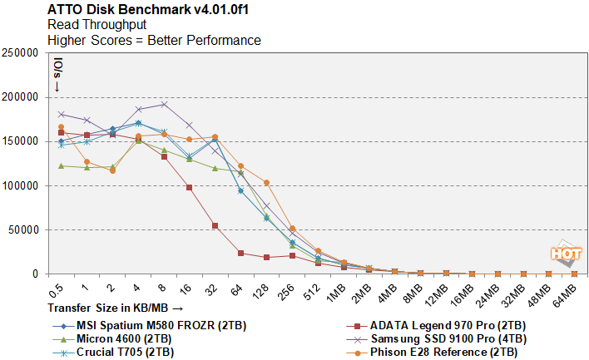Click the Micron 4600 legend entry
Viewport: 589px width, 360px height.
pyautogui.click(x=124, y=338)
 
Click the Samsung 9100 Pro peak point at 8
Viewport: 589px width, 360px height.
pyautogui.click(x=164, y=104)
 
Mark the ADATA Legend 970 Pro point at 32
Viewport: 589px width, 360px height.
pyautogui.click(x=215, y=225)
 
